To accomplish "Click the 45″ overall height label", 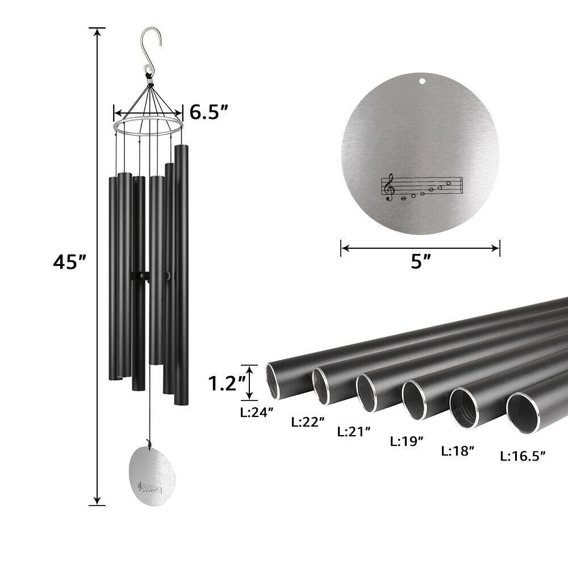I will [70, 262].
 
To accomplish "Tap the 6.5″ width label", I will [209, 112].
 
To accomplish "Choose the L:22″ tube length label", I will [308, 421].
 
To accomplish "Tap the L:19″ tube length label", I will [407, 441].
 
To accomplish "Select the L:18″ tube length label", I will [458, 451].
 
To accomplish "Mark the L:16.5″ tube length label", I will [523, 455].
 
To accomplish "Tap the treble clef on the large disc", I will [389, 187].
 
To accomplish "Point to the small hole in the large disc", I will [421, 81].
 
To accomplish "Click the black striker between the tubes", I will [140, 276].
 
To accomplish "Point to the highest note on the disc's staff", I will [448, 183].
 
